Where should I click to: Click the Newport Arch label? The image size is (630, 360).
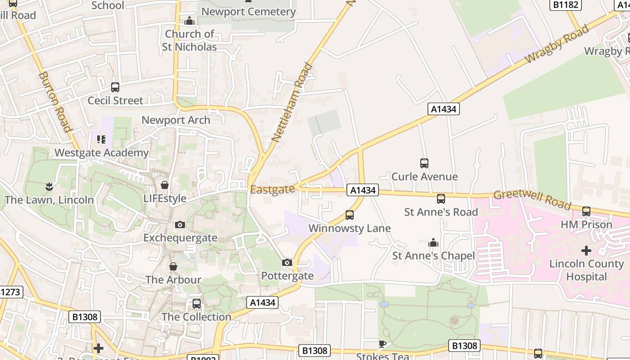coord(176,120)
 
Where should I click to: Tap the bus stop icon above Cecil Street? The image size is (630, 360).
coord(115,87)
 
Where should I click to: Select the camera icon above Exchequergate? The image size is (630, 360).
coord(180,225)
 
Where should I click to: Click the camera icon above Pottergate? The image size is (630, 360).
coord(287,262)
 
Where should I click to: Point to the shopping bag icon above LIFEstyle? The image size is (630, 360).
coord(165,185)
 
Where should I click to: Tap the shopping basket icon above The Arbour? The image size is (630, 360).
coord(173,267)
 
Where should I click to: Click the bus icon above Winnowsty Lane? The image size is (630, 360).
coord(350,215)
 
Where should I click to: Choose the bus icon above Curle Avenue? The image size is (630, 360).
coord(424,163)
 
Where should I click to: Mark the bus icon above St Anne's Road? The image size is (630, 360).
coord(441,199)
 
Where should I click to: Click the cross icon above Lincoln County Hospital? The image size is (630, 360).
coord(586,250)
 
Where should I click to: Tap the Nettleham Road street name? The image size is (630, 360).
coord(292,103)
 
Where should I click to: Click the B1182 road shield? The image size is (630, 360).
coord(566,4)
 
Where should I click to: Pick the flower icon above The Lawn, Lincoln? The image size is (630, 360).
coord(49,186)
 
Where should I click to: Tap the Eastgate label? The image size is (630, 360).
coord(272,189)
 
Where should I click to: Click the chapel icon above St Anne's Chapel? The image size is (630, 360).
coord(433,243)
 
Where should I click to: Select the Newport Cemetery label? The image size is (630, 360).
coord(248,12)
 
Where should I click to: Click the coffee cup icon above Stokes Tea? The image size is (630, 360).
coord(382,344)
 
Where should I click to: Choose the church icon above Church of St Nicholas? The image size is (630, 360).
coord(190,21)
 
